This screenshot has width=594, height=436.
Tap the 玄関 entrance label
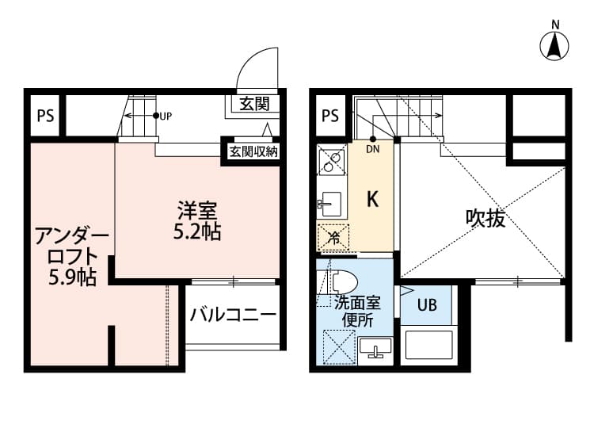[x=255, y=103]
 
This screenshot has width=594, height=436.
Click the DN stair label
[x=373, y=147]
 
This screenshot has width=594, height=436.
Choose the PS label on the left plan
[x=45, y=116]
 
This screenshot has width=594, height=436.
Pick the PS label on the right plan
[x=330, y=116]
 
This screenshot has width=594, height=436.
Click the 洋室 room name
[x=197, y=212]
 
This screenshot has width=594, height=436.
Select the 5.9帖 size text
[x=71, y=277]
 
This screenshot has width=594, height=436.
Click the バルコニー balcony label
[x=233, y=315]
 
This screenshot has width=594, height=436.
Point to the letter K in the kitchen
[x=371, y=200]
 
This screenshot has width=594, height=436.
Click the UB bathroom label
[x=427, y=305]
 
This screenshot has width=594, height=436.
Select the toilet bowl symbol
[x=341, y=281]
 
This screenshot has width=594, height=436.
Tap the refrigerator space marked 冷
[x=333, y=236]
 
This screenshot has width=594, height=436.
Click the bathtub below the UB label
[x=428, y=346]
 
